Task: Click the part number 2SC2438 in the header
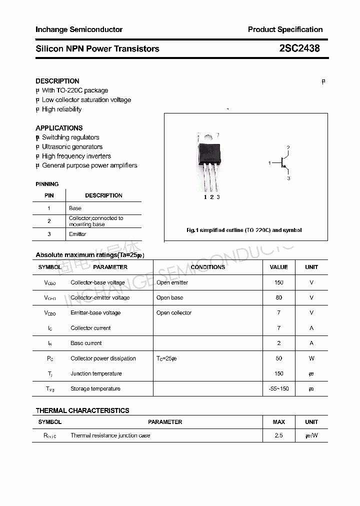[299, 48]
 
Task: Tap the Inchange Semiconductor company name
[79, 29]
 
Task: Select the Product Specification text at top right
[285, 29]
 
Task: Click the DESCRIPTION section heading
[57, 81]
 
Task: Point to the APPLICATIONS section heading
[59, 128]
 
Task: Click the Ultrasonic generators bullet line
[72, 147]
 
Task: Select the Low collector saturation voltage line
[86, 100]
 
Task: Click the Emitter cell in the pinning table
[77, 234]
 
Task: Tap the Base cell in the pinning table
[75, 208]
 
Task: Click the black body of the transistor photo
[209, 151]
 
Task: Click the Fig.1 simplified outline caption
[244, 230]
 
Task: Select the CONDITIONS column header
[208, 267]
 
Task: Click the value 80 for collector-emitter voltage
[278, 297]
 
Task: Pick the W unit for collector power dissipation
[311, 358]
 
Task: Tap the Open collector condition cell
[174, 313]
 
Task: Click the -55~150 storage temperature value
[278, 388]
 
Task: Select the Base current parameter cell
[86, 343]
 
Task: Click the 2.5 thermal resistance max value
[278, 435]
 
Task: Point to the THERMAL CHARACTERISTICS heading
[82, 410]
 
